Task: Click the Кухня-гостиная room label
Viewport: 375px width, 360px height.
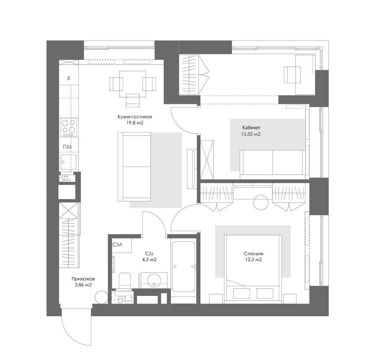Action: [135, 117]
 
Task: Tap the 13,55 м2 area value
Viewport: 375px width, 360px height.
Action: [251, 134]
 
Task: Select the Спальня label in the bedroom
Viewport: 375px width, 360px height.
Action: [253, 253]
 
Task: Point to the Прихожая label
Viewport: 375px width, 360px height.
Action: [83, 279]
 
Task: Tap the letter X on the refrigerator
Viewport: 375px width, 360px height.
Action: [69, 78]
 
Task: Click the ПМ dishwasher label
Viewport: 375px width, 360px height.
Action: [67, 147]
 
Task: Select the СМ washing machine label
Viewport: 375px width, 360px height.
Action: [117, 244]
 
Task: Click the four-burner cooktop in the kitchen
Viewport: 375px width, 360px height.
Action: [69, 127]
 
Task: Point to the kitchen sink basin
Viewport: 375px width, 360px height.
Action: [68, 162]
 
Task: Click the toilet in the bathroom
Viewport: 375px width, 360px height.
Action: [125, 280]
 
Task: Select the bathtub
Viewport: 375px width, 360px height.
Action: [184, 266]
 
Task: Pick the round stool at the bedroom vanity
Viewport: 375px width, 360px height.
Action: [261, 202]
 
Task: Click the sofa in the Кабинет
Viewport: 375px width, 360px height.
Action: [273, 165]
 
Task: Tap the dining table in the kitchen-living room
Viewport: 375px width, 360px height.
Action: [133, 84]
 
